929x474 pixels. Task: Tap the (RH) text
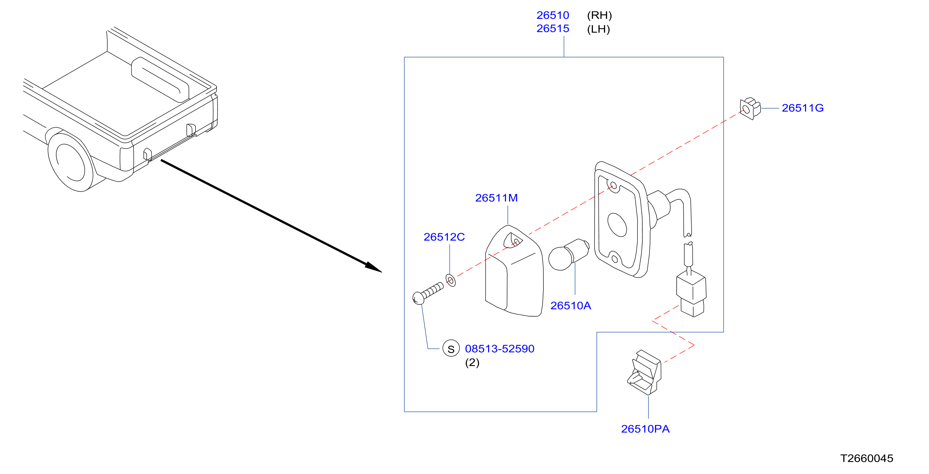tap(599, 16)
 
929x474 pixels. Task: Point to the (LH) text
tap(598, 29)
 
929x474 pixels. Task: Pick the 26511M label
tap(496, 198)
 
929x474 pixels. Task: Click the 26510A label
tap(571, 306)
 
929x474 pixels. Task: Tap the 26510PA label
tap(645, 429)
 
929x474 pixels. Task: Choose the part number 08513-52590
tap(500, 348)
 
